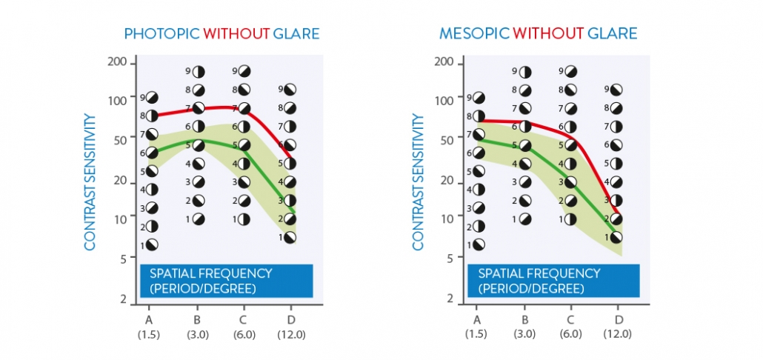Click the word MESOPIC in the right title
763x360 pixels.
(473, 34)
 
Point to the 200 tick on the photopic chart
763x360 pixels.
(118, 62)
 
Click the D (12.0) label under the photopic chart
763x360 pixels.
(289, 327)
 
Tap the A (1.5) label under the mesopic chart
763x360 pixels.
(476, 327)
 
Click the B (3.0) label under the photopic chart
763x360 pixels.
(197, 327)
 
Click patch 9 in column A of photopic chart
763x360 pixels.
(152, 97)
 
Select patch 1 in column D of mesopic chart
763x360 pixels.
(616, 237)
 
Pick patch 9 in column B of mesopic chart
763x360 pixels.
(526, 71)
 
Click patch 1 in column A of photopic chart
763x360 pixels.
(152, 244)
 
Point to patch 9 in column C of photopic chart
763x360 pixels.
(244, 71)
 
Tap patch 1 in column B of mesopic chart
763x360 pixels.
(525, 219)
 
